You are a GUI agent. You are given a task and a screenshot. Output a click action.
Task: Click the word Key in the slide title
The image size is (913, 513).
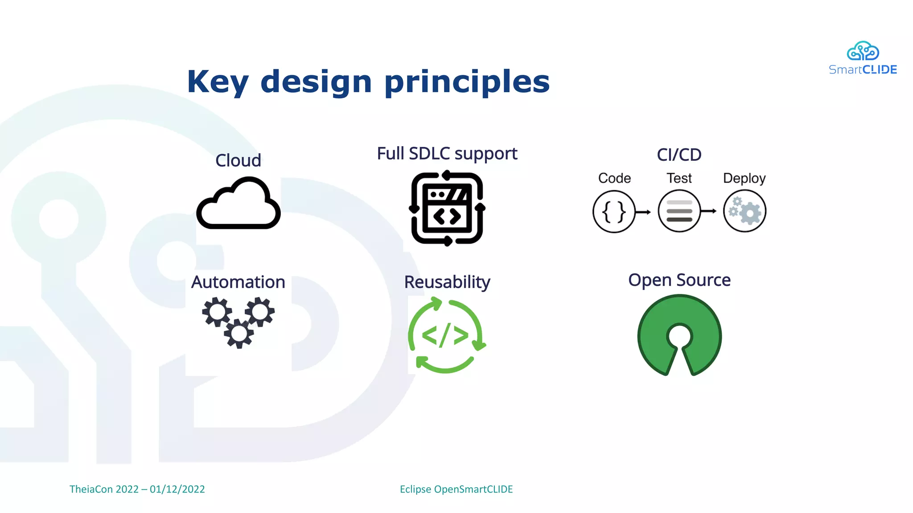(x=217, y=82)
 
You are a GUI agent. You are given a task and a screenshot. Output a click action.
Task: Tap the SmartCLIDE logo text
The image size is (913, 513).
(x=863, y=70)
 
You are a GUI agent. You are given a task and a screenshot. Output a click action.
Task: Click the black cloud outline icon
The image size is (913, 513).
(x=239, y=204)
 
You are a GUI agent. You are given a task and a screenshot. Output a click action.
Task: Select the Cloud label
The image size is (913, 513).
(x=238, y=160)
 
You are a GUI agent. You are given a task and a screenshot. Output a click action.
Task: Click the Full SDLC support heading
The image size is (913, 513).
(x=447, y=154)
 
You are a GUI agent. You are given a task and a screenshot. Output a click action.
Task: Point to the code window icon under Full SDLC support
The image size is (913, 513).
(x=447, y=208)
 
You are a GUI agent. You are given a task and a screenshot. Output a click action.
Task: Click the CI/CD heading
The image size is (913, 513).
(x=679, y=155)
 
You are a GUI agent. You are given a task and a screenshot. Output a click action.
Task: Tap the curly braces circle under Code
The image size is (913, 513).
(x=614, y=212)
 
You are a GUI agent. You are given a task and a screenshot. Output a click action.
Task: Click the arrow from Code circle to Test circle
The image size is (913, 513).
(x=643, y=212)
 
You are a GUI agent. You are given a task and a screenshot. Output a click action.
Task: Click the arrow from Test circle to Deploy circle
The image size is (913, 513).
(x=708, y=211)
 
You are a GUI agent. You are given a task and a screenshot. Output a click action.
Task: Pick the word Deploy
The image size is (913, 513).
(x=744, y=178)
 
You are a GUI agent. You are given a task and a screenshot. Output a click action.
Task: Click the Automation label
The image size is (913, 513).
(x=238, y=282)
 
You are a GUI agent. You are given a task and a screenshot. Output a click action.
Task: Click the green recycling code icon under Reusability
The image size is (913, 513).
(x=446, y=336)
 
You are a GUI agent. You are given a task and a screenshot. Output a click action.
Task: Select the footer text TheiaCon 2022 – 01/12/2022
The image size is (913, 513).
(x=137, y=489)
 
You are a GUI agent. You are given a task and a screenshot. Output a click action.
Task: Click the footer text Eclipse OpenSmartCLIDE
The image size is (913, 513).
(x=456, y=489)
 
